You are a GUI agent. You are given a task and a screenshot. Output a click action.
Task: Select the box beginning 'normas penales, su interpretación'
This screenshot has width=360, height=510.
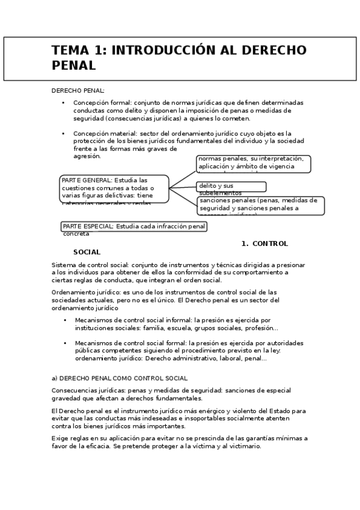pos(253,163)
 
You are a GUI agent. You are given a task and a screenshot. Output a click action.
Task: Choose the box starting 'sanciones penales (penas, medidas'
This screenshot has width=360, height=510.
pos(261,205)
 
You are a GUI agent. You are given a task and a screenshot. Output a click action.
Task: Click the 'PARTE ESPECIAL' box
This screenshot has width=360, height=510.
pos(134,227)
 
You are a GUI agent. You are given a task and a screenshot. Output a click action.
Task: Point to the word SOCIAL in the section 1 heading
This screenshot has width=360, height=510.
pos(87,252)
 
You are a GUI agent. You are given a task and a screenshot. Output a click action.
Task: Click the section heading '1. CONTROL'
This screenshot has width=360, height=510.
pos(264,244)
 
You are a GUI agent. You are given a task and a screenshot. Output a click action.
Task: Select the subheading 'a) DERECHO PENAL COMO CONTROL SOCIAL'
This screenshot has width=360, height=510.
pos(120,378)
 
